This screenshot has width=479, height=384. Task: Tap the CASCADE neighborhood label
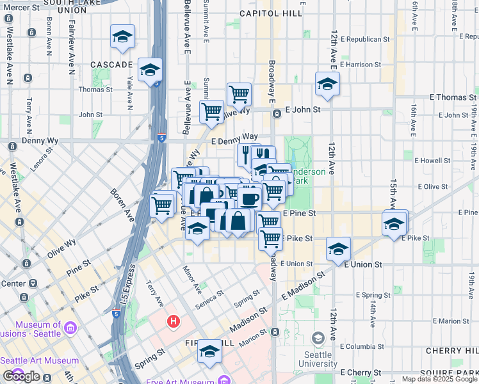pyautogui.click(x=111, y=65)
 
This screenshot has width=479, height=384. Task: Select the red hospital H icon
pyautogui.click(x=172, y=321)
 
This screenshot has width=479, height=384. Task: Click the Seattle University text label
pyautogui.click(x=318, y=359)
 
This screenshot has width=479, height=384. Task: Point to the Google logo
pyautogui.click(x=21, y=376)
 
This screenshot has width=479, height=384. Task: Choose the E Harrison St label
pyautogui.click(x=361, y=65)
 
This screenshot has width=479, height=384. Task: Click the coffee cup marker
pyautogui.click(x=250, y=196)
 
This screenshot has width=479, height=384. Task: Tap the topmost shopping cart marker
pyautogui.click(x=239, y=93)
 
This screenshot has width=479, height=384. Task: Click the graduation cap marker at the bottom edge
pyautogui.click(x=209, y=351)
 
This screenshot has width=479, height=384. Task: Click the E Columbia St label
pyautogui.click(x=362, y=346)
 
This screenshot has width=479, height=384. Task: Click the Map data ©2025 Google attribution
pyautogui.click(x=439, y=379)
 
